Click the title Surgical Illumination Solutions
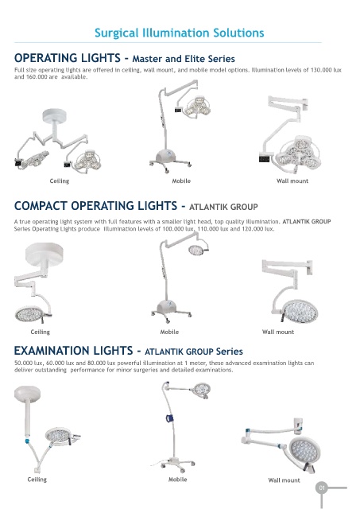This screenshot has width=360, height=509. [180, 33]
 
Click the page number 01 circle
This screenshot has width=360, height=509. [321, 488]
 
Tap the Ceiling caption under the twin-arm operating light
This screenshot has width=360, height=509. [60, 181]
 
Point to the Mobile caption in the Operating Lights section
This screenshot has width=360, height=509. [181, 181]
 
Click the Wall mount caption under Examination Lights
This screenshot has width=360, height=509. [285, 480]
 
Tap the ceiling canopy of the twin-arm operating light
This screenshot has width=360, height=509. [55, 115]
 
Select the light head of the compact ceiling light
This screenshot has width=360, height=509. [29, 314]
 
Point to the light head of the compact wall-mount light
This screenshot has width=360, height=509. [300, 311]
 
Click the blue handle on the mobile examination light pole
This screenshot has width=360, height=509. [169, 418]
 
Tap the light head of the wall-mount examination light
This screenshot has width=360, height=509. [304, 449]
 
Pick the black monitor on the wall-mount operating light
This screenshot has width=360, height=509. [265, 159]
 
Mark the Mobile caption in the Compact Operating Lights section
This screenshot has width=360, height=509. [169, 332]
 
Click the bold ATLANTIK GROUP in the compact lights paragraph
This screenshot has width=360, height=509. [307, 222]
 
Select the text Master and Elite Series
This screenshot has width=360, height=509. [184, 59]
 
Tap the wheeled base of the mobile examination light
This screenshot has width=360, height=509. [176, 464]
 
